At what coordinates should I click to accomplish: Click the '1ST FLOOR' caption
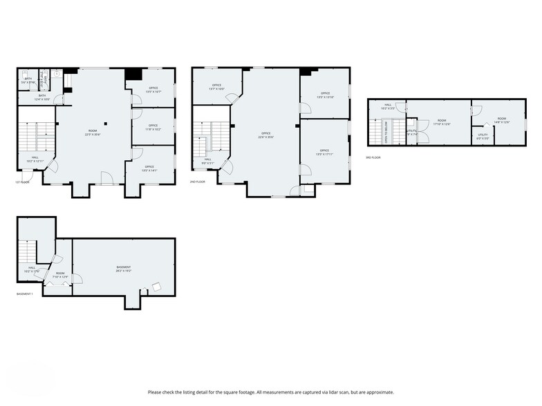coord(22,182)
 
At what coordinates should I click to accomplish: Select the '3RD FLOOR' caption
coord(374,157)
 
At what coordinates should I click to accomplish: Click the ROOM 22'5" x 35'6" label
coord(92,133)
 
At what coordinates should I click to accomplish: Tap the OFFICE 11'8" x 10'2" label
coord(153,127)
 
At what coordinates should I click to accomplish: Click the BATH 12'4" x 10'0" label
coord(41,99)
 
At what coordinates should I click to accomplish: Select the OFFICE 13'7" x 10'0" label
coord(216,87)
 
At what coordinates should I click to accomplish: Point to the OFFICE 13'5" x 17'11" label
coord(324,152)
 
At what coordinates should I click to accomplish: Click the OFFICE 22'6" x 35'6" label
coord(265,135)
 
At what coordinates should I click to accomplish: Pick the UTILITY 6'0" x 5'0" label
coord(483,136)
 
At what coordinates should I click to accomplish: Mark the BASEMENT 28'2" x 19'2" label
coord(124,268)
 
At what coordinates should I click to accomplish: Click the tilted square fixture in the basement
coord(158,285)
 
